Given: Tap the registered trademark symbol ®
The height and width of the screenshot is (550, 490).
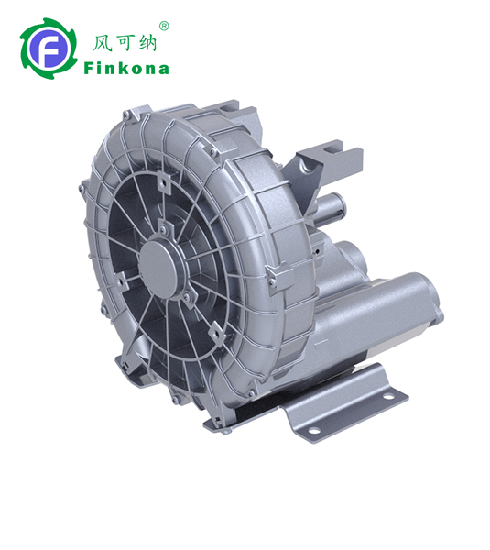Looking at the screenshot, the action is pos(164,27).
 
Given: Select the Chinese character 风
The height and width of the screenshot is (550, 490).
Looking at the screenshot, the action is pos(102,44).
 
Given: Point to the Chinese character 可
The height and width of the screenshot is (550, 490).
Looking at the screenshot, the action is pos(125,43).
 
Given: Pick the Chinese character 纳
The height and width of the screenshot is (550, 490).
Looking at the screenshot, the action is pos(147,43).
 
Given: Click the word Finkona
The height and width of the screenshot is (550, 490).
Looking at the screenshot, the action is pos(126,68).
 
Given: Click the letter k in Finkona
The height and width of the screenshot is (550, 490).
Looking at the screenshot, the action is pos(122,68).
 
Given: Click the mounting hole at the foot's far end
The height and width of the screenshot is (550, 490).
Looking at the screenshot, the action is pos(388,396).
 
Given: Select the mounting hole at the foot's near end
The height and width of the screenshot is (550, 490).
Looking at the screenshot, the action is pos(313,430).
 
